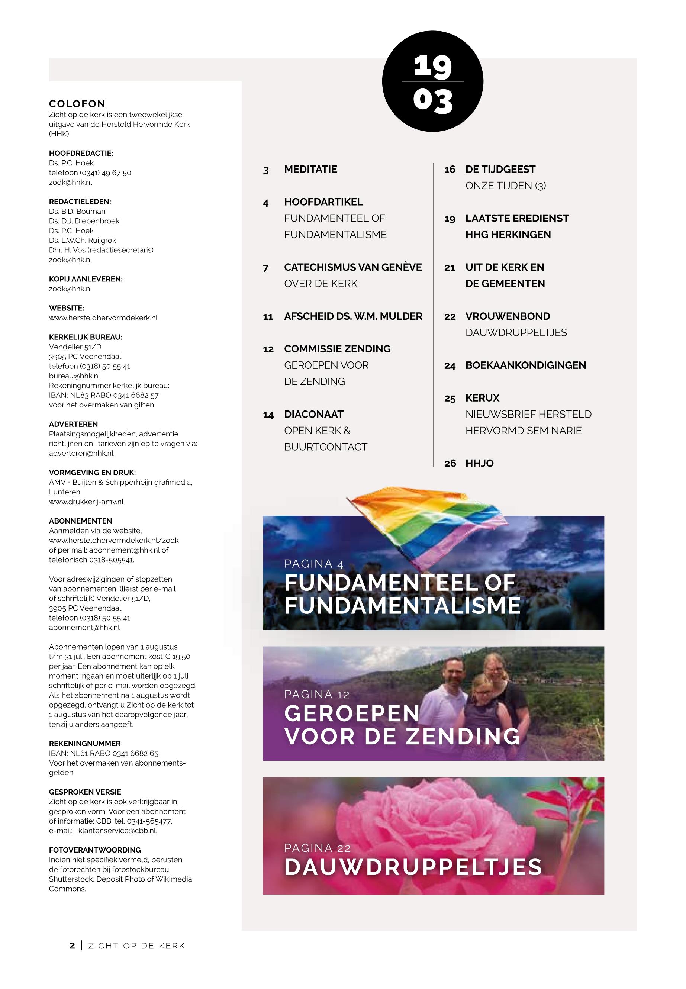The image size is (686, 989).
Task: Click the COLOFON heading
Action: (x=77, y=104)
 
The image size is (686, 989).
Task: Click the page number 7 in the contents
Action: (x=265, y=268)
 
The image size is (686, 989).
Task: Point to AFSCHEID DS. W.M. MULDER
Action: (x=353, y=316)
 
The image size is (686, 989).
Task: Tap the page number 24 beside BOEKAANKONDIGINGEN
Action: (x=450, y=366)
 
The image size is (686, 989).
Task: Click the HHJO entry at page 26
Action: (x=479, y=463)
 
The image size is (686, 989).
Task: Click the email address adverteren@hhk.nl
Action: (x=81, y=454)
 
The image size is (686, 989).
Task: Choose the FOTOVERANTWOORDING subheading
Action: (x=94, y=850)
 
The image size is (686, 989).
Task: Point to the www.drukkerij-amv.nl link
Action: (x=86, y=502)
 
